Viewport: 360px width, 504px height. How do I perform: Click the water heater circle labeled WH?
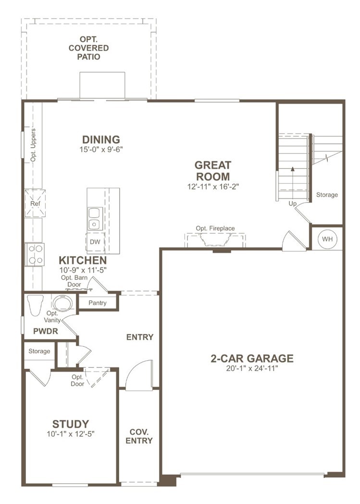[x=327, y=239]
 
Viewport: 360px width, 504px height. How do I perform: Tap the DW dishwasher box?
[x=95, y=241]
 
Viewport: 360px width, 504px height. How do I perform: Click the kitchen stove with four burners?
[x=35, y=254]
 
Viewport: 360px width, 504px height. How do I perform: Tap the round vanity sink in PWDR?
[x=62, y=303]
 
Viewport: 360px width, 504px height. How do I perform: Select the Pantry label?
[x=98, y=303]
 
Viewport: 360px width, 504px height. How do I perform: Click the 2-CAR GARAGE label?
[x=252, y=358]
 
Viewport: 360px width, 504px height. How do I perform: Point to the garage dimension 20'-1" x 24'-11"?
[x=252, y=368]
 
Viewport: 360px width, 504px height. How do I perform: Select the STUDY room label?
[x=71, y=424]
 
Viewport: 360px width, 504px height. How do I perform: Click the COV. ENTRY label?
[x=139, y=436]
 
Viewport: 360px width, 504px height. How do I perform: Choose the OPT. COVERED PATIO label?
[x=88, y=48]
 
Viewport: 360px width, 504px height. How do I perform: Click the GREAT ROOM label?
[x=212, y=171]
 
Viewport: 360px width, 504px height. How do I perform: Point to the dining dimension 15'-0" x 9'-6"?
[x=101, y=150]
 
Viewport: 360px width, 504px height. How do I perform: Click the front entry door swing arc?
[x=137, y=373]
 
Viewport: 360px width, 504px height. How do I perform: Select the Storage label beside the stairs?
[x=327, y=195]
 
